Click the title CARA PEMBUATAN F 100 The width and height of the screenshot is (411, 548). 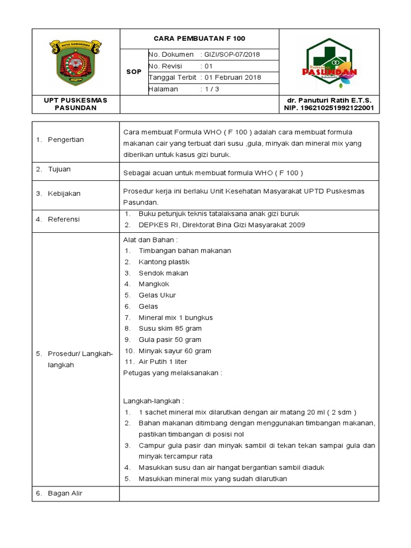[x=199, y=39]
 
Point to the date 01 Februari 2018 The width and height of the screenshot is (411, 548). [x=232, y=77]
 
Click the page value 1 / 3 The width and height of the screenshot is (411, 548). [x=212, y=89]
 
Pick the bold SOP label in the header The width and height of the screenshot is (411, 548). [x=134, y=72]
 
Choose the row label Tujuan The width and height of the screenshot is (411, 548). [x=59, y=169]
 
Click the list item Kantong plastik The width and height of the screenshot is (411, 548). [x=164, y=262]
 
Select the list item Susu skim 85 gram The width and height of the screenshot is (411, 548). [x=170, y=329]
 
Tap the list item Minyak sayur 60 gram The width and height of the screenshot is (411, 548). [x=174, y=351]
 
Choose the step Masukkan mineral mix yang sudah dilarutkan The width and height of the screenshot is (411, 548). [x=212, y=478]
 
